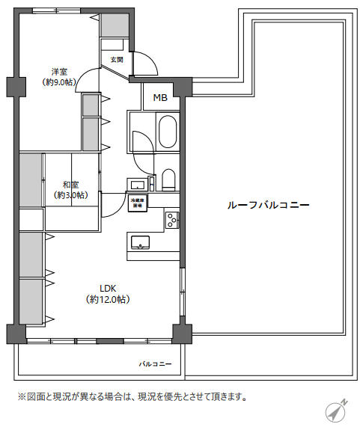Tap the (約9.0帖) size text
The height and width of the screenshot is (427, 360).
click(x=58, y=83)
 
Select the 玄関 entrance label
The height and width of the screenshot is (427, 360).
click(x=116, y=59)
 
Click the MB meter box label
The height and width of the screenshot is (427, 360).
click(x=160, y=97)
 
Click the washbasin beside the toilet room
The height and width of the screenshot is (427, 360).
click(x=137, y=184)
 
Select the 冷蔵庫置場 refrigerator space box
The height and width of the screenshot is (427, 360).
click(x=138, y=203)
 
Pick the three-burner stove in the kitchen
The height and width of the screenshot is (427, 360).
click(x=171, y=220)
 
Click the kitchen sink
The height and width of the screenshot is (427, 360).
click(x=140, y=242)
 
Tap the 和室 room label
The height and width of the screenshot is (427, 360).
click(x=70, y=184)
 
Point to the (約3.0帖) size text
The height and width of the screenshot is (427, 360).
click(x=70, y=195)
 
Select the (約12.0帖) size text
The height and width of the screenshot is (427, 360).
click(x=109, y=299)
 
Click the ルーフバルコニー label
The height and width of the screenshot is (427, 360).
click(x=268, y=205)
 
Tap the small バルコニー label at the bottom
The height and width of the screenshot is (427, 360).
click(x=155, y=364)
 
